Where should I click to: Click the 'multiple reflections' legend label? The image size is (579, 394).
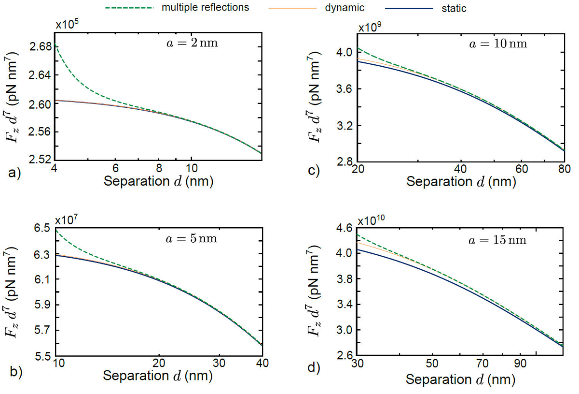pyautogui.click(x=205, y=8)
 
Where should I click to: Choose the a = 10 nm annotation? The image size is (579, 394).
pyautogui.click(x=497, y=44)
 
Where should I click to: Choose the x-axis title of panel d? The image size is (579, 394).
pyautogui.click(x=460, y=379)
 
